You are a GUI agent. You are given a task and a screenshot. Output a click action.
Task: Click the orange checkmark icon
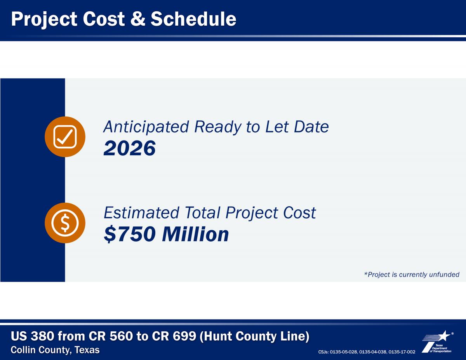pyautogui.click(x=65, y=137)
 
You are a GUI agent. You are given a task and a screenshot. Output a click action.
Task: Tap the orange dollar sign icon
pyautogui.click(x=65, y=223)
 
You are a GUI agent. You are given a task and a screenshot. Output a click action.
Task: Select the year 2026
pyautogui.click(x=130, y=148)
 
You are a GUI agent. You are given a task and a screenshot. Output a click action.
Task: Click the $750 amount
pyautogui.click(x=130, y=234)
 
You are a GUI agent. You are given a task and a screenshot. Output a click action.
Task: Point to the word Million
pyautogui.click(x=196, y=234)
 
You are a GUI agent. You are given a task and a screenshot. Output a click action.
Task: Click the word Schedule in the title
pyautogui.click(x=193, y=19)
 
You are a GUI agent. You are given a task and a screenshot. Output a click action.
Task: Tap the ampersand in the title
pyautogui.click(x=138, y=19)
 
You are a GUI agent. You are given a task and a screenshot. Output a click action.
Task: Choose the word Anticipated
pyautogui.click(x=146, y=127)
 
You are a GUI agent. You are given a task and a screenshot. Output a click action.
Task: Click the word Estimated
pyautogui.click(x=141, y=213)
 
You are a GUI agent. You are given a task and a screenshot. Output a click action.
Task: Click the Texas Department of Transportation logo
pyautogui.click(x=438, y=342)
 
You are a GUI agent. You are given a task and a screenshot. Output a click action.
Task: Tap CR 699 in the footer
pyautogui.click(x=174, y=336)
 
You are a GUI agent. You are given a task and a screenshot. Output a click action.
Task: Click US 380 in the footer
pyautogui.click(x=32, y=336)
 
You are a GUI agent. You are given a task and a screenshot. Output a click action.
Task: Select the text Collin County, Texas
pyautogui.click(x=55, y=350)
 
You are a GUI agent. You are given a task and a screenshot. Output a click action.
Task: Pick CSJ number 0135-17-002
pyautogui.click(x=402, y=352)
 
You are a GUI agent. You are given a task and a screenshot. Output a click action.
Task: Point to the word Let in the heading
pyautogui.click(x=276, y=127)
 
